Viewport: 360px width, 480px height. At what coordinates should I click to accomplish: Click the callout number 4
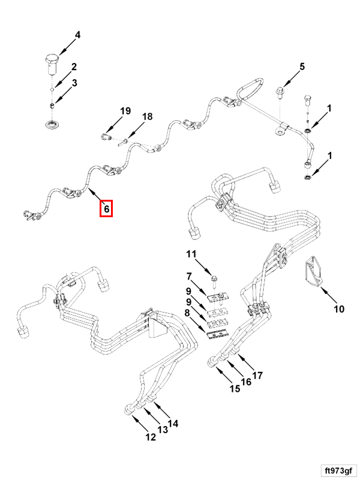[77, 35]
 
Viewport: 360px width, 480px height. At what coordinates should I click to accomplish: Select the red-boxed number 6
[106, 209]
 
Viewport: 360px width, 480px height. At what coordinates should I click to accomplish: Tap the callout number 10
[339, 309]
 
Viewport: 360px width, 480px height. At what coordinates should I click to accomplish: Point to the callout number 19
[125, 111]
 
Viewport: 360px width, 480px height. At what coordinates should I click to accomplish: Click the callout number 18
[147, 116]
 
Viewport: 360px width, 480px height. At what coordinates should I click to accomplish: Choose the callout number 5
[302, 67]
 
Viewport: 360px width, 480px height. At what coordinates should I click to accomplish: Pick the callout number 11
[191, 254]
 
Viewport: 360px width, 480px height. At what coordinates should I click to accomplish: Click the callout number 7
[188, 277]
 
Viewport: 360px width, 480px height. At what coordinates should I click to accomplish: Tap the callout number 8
[188, 313]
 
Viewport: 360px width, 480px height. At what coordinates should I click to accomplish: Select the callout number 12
[151, 437]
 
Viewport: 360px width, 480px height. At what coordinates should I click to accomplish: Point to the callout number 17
[257, 376]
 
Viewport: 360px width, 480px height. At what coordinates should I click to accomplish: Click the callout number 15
[235, 388]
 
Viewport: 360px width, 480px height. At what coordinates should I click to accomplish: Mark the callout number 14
[173, 424]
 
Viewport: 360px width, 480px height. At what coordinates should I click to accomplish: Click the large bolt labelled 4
[52, 62]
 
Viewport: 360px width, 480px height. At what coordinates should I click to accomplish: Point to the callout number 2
[74, 67]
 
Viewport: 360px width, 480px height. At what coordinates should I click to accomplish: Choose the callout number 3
[74, 83]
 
